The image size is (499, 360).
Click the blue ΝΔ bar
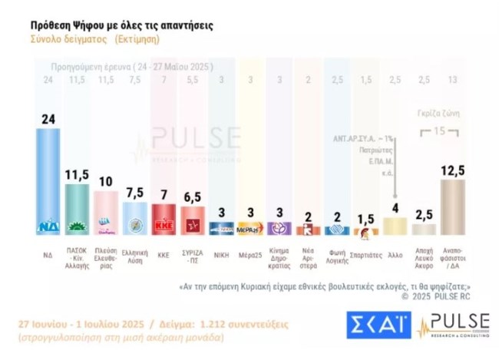point(48,180)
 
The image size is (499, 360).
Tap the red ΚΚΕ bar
point(163,219)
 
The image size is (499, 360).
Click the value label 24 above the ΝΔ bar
point(48,120)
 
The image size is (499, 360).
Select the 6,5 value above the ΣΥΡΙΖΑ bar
point(192,197)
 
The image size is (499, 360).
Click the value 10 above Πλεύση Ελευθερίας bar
point(105,181)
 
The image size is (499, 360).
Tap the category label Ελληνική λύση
point(134,255)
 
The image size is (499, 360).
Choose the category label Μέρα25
point(250,251)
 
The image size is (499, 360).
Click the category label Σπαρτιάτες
point(366,251)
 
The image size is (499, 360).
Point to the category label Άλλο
point(395,251)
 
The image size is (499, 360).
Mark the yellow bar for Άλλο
point(395,226)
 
